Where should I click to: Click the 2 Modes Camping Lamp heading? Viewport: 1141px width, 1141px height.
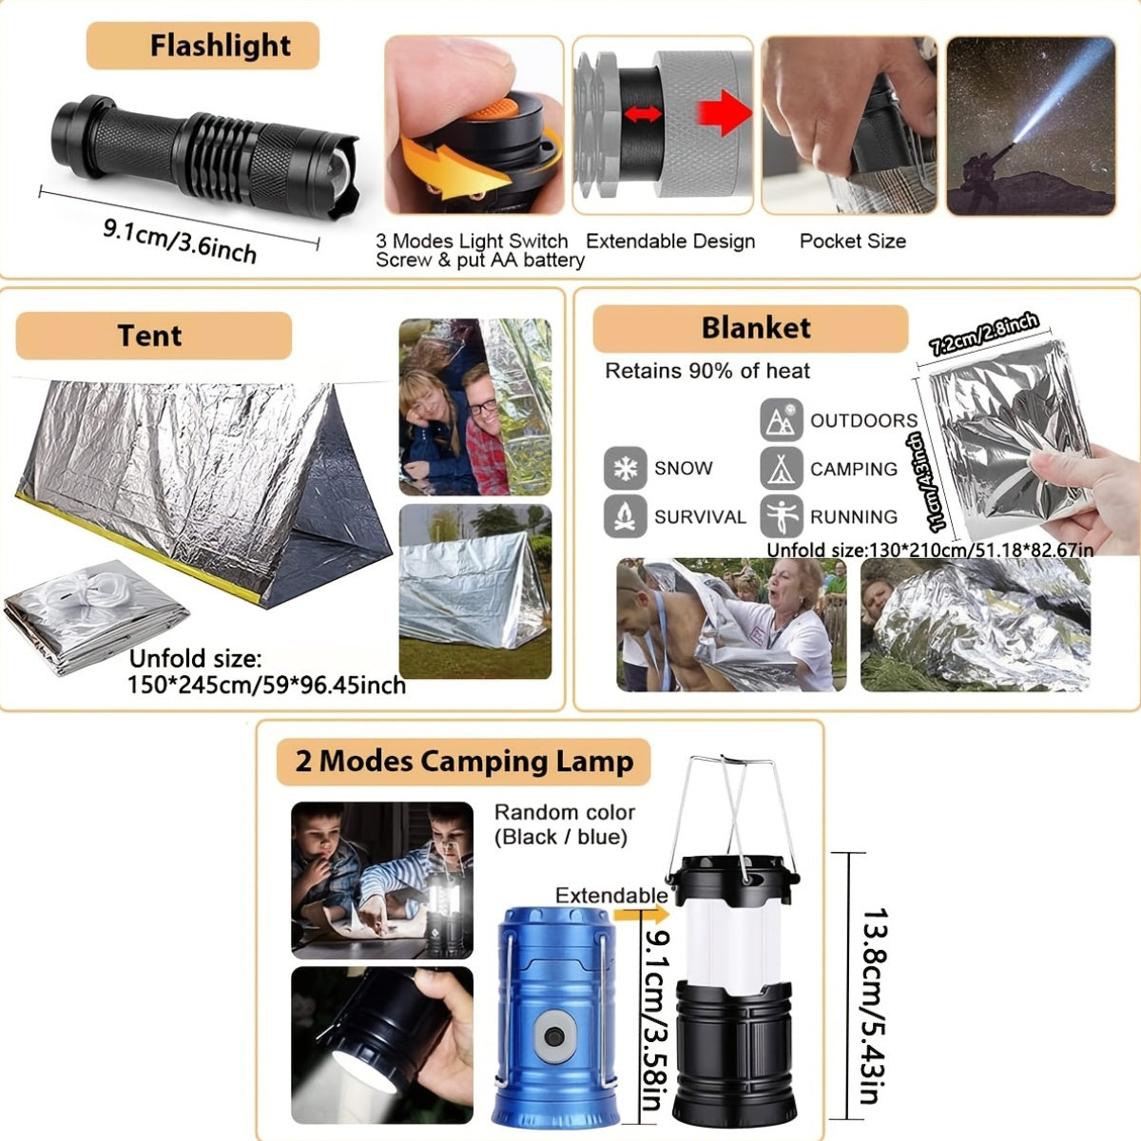[x=464, y=762]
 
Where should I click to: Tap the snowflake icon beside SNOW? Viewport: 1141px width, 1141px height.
[x=625, y=468]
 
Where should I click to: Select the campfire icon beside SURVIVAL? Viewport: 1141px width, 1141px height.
[x=625, y=516]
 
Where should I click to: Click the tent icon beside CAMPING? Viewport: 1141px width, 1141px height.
[x=781, y=468]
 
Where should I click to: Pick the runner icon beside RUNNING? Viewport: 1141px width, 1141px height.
[x=781, y=516]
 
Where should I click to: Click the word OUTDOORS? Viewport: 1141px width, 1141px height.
[x=863, y=420]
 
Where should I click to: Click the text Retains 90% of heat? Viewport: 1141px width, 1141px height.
[x=707, y=371]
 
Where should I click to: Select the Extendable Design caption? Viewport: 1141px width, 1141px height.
[x=670, y=242]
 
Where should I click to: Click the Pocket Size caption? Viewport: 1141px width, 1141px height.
[x=852, y=242]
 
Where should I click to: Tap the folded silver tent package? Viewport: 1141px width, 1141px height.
[x=95, y=618]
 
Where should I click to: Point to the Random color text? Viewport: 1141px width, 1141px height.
[x=564, y=812]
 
